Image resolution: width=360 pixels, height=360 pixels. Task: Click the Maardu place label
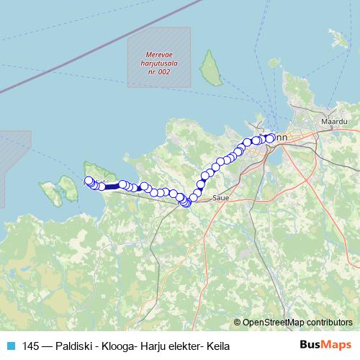[333, 122]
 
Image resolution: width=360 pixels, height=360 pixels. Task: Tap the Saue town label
[220, 196]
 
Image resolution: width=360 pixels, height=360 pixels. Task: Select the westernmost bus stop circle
[89, 181]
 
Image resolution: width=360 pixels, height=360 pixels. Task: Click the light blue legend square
[10, 346]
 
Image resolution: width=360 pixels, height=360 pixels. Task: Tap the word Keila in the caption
[217, 346]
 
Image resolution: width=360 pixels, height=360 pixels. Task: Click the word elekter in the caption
[184, 346]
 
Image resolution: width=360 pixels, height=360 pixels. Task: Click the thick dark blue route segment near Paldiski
[113, 186]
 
